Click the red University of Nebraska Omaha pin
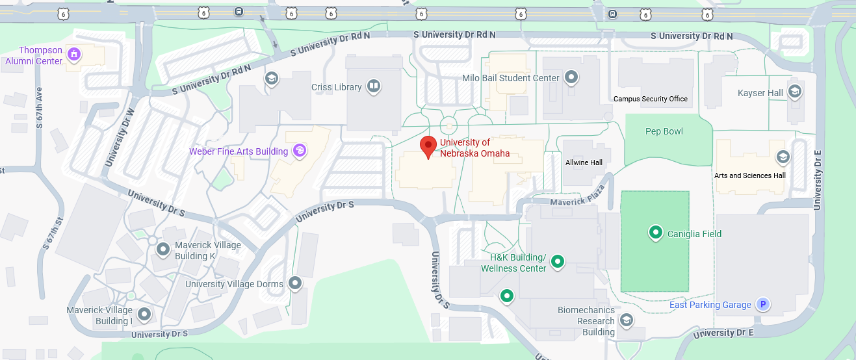tap(428, 146)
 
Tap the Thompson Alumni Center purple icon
tap(74, 54)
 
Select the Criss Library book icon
tap(373, 86)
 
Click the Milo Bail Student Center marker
tap(571, 77)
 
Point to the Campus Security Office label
tap(651, 99)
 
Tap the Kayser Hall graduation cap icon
tap(794, 91)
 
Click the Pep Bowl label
tap(664, 131)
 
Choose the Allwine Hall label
tap(584, 162)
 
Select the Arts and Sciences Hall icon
tap(783, 157)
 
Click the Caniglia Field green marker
tap(656, 232)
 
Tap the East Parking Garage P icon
tap(763, 304)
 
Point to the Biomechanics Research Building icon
tap(626, 319)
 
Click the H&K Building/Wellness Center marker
tap(557, 262)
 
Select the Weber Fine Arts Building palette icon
tap(300, 151)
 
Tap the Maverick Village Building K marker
tap(163, 248)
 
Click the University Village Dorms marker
tap(295, 283)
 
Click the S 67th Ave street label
tap(39, 106)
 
